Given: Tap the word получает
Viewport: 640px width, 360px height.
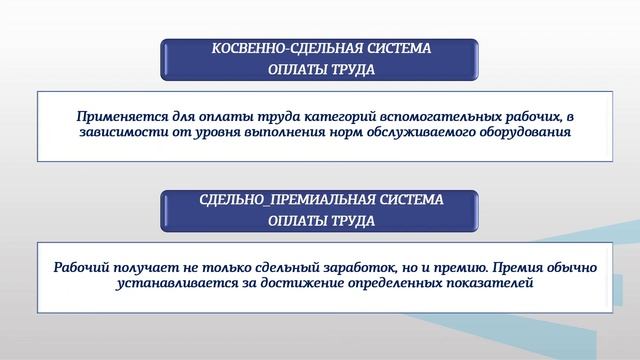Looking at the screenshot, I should pyautogui.click(x=149, y=268).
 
